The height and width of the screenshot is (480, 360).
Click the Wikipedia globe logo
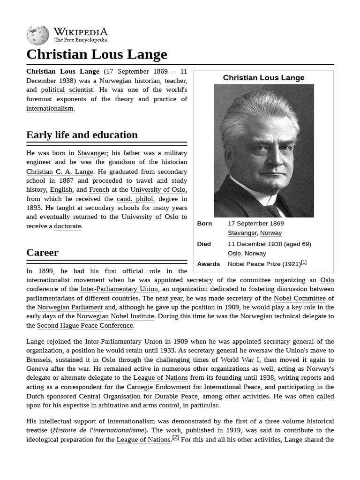click(37, 35)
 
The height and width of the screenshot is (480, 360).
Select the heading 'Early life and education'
click(82, 135)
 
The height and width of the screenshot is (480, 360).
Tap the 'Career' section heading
click(42, 253)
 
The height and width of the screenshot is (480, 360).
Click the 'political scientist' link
click(67, 90)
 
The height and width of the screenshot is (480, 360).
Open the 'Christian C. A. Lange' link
click(60, 172)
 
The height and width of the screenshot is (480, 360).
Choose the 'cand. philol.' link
click(135, 199)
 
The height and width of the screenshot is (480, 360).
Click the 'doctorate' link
click(67, 226)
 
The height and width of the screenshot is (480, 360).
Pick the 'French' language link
click(99, 190)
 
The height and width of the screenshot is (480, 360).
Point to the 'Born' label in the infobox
click(204, 224)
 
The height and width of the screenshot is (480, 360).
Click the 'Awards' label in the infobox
click(209, 264)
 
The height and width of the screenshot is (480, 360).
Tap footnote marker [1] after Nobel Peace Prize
click(304, 262)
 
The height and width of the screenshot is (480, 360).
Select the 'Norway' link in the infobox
click(271, 233)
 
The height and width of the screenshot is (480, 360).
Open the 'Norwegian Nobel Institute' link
click(115, 316)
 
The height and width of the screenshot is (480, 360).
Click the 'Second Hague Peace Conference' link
click(85, 325)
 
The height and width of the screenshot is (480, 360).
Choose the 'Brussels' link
click(38, 360)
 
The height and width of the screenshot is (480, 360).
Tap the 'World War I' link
click(240, 360)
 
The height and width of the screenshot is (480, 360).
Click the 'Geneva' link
click(37, 369)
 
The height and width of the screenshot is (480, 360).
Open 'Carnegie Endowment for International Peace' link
click(194, 387)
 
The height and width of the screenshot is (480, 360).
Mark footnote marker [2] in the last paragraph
click(176, 438)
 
